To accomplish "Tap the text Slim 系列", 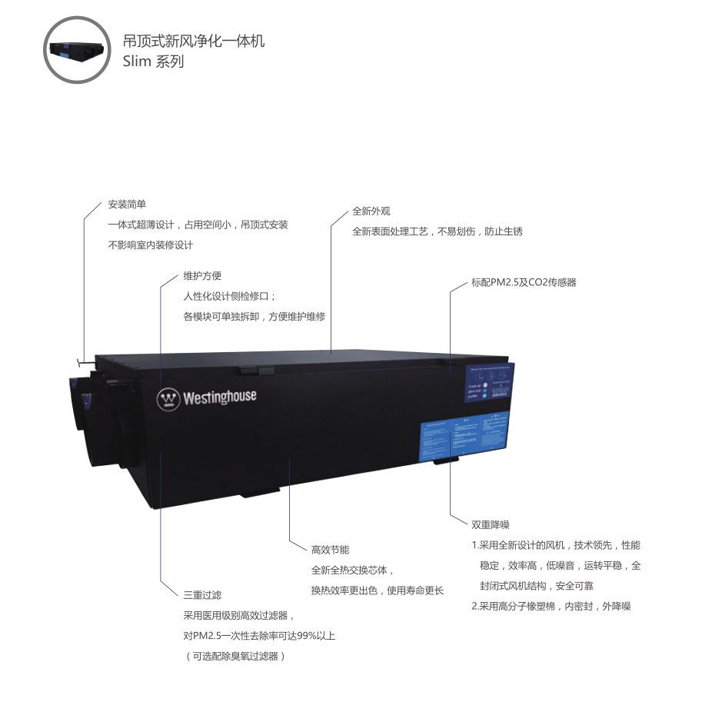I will coord(153,62).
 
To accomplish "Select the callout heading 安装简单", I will coord(127,205).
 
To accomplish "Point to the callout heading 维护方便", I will coord(202,276).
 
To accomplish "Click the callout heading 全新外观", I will coord(371,211).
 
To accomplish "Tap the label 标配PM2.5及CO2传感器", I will coord(524,282).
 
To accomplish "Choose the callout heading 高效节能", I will coord(330,550).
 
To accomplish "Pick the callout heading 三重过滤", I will coord(202,595).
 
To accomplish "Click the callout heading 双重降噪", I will coord(491,525).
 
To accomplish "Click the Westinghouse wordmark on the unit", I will coord(219,398).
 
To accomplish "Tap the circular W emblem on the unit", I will coord(168,399).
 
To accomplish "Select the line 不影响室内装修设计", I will coord(150,245).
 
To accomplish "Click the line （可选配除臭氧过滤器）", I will coord(235,656).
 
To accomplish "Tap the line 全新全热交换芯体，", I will coord(352,571).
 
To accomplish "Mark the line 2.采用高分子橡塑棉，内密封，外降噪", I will coord(551,606).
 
